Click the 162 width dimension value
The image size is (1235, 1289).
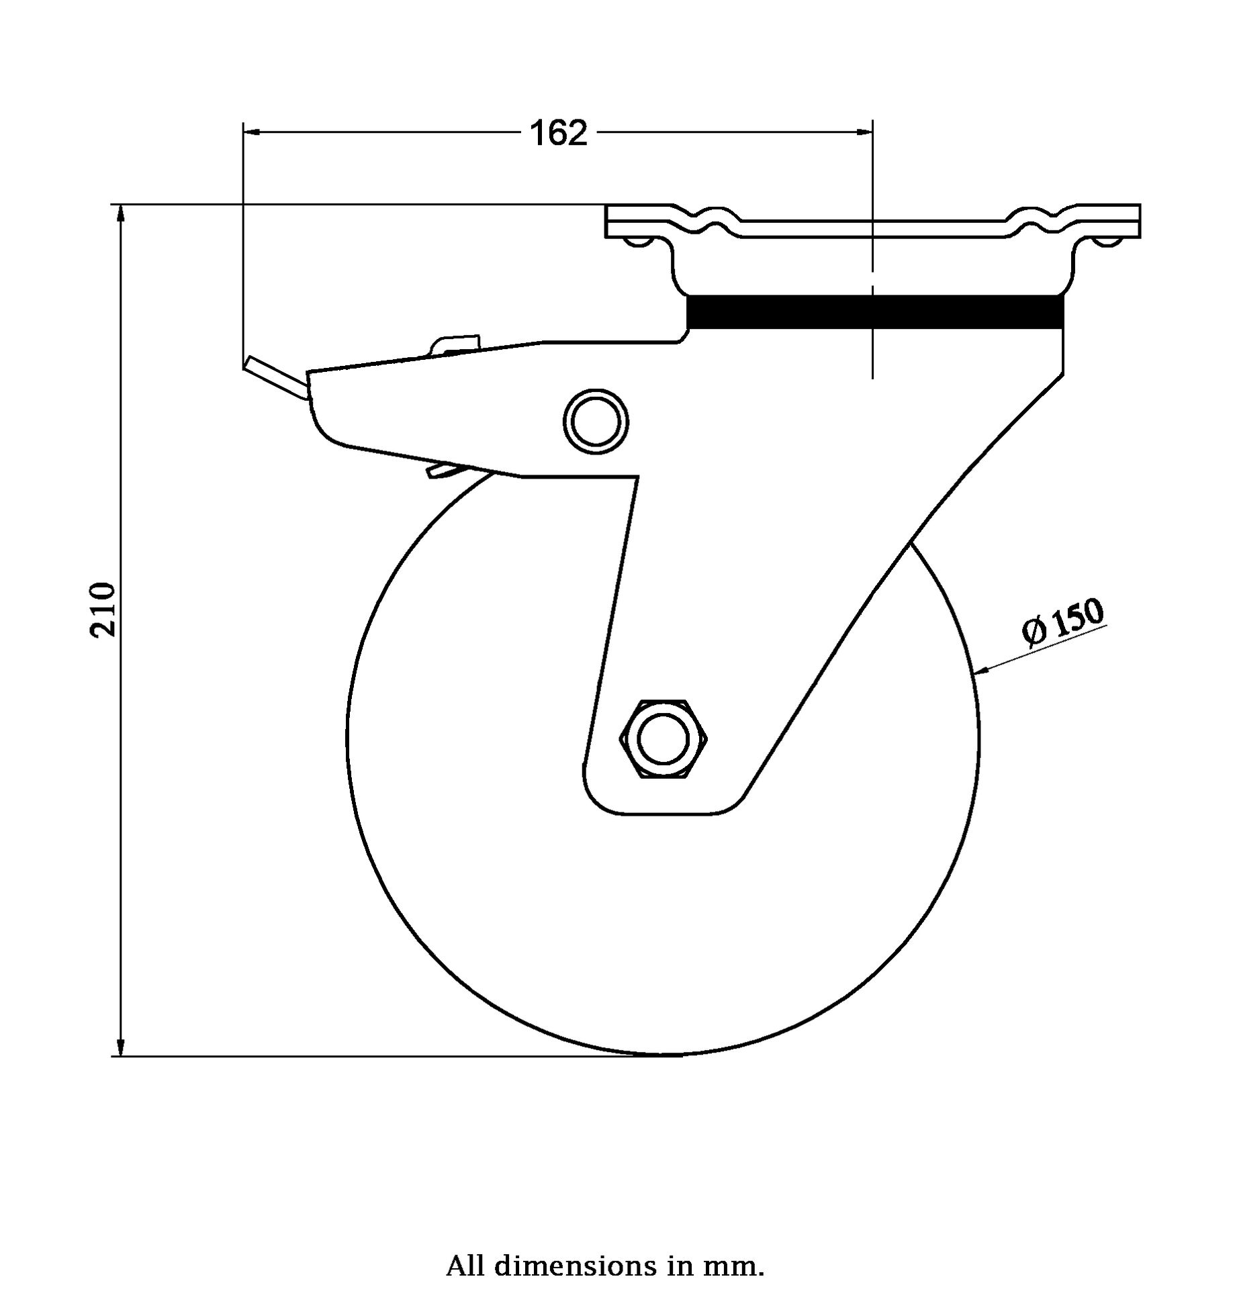pyautogui.click(x=559, y=133)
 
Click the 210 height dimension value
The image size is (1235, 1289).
pyautogui.click(x=104, y=609)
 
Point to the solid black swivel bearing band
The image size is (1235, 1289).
pyautogui.click(x=874, y=312)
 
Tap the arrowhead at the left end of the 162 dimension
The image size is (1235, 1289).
pyautogui.click(x=253, y=132)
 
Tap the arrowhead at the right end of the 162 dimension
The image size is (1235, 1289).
pyautogui.click(x=864, y=132)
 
